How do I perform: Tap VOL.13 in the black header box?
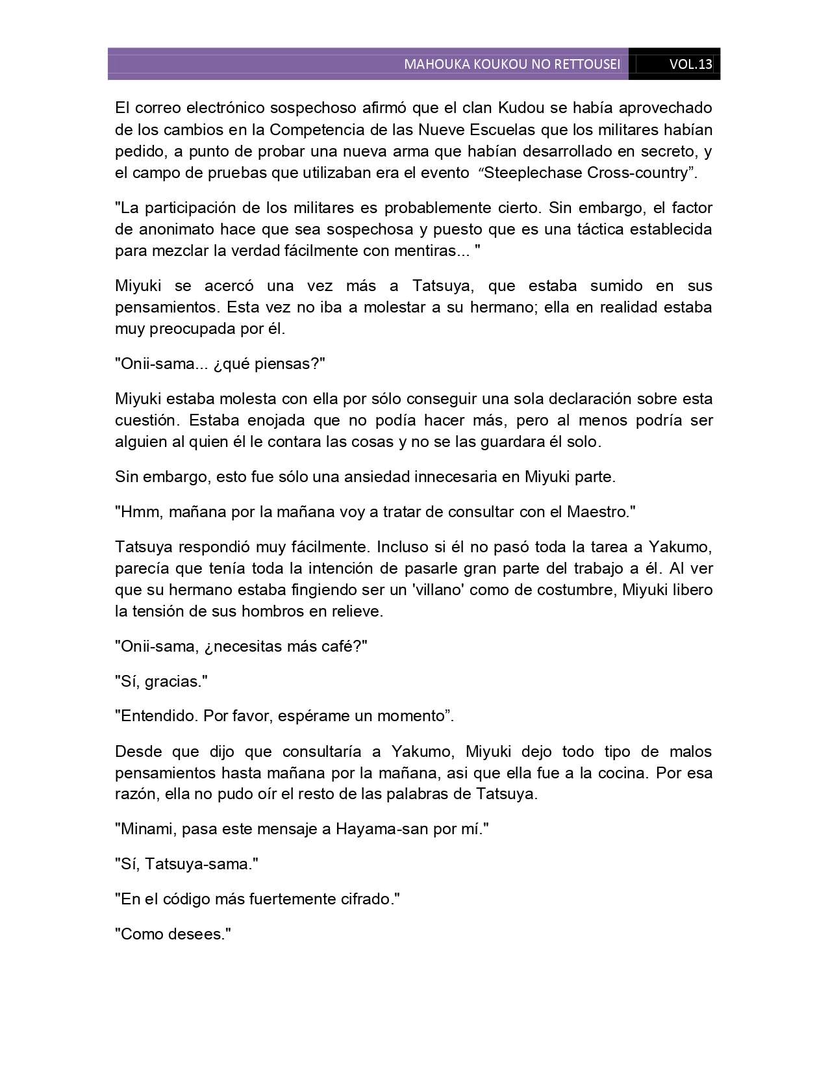tap(690, 64)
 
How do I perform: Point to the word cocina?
tap(627, 773)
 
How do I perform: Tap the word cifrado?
tap(367, 900)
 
